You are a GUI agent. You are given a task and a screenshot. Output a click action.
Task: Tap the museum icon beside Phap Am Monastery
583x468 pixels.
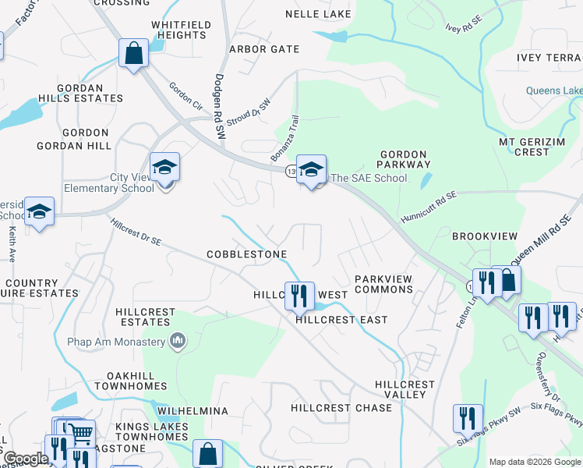point(178,341)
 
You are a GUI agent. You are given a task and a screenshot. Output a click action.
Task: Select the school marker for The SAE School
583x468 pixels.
point(310,168)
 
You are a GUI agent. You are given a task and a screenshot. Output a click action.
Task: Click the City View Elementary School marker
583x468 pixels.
point(164,167)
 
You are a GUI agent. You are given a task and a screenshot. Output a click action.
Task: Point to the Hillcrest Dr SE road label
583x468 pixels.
point(136,232)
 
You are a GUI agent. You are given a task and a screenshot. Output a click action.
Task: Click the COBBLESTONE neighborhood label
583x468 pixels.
point(247,255)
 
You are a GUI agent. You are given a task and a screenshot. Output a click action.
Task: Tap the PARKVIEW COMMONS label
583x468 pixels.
point(383,284)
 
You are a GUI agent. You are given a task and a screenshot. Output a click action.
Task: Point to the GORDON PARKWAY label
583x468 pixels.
point(404,160)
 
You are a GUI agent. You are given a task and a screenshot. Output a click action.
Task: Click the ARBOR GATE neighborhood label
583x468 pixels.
point(264,49)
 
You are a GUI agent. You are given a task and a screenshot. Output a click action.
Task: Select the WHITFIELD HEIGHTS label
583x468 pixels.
point(181,30)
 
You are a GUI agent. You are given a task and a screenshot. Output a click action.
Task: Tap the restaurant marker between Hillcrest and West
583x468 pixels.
point(299,296)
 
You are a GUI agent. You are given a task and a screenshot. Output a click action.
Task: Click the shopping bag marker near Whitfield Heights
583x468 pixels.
point(134,54)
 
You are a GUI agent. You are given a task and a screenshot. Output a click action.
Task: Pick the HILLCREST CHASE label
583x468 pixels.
point(341,408)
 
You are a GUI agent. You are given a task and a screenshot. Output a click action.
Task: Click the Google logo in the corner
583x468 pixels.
point(26,459)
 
